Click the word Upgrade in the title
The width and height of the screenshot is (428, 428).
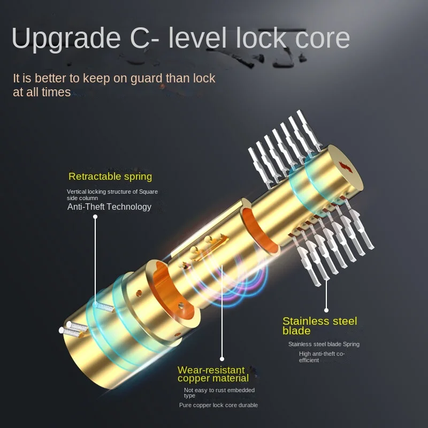click(x=66, y=38)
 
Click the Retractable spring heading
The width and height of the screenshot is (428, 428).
click(x=110, y=177)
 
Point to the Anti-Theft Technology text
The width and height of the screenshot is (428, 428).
click(x=109, y=207)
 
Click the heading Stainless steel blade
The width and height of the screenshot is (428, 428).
click(x=319, y=326)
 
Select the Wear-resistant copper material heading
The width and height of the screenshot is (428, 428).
click(x=213, y=374)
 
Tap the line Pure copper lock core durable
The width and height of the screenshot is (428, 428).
click(x=218, y=405)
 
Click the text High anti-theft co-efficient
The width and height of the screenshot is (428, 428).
click(x=322, y=357)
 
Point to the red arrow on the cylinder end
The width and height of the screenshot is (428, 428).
click(x=346, y=167)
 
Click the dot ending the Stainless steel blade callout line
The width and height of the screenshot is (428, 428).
click(x=326, y=310)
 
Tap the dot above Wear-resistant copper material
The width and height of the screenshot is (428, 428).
click(x=222, y=359)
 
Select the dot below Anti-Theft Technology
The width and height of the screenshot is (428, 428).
click(x=95, y=217)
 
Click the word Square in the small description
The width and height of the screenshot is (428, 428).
click(x=149, y=192)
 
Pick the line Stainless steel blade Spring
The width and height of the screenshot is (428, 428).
click(x=324, y=344)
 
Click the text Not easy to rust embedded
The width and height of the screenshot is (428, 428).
click(x=219, y=391)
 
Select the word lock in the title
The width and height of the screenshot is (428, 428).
click(x=261, y=38)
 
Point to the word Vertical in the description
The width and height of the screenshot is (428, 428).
click(x=77, y=192)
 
